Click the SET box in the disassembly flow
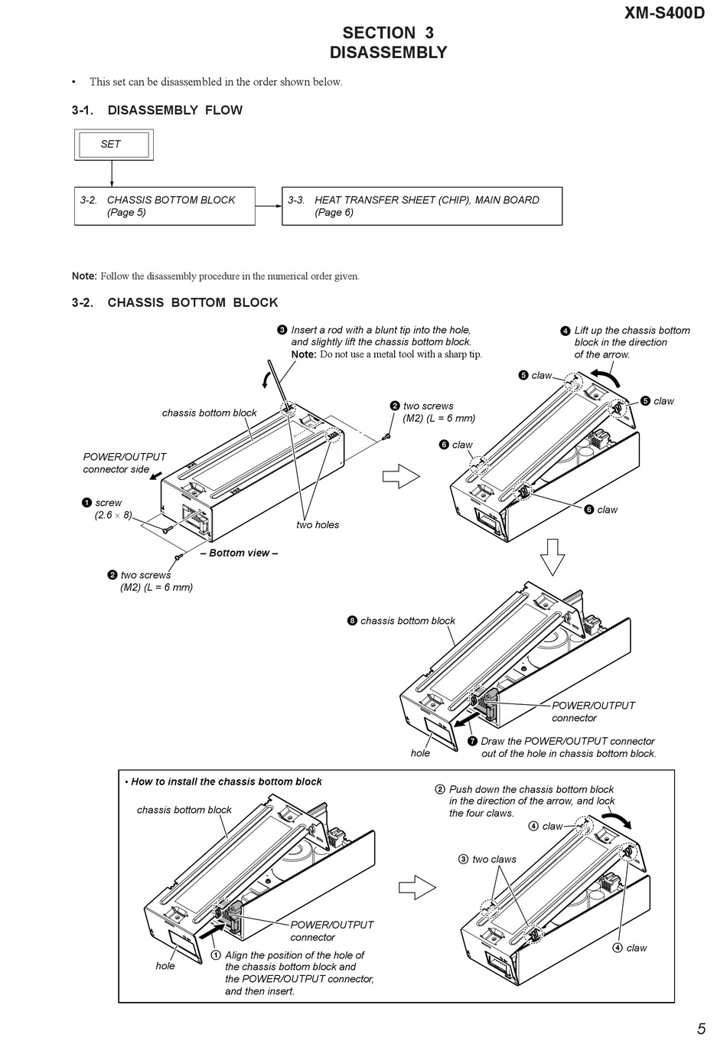click(113, 144)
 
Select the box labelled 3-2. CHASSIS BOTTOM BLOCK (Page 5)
click(164, 206)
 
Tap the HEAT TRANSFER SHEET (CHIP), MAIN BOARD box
click(422, 206)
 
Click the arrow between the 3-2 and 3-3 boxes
click(268, 206)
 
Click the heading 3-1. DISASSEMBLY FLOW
click(157, 110)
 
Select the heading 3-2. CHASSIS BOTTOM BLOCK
click(174, 302)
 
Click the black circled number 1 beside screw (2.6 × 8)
click(86, 503)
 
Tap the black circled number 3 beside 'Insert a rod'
click(282, 330)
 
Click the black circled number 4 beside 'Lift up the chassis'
click(566, 331)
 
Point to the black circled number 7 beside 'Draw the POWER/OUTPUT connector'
click(472, 741)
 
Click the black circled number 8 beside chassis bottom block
click(352, 621)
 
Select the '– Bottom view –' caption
click(239, 553)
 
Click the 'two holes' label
click(318, 524)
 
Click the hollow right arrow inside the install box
click(418, 888)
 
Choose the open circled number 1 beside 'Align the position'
click(216, 955)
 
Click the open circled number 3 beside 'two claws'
click(463, 859)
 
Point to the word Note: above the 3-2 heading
click(84, 276)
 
